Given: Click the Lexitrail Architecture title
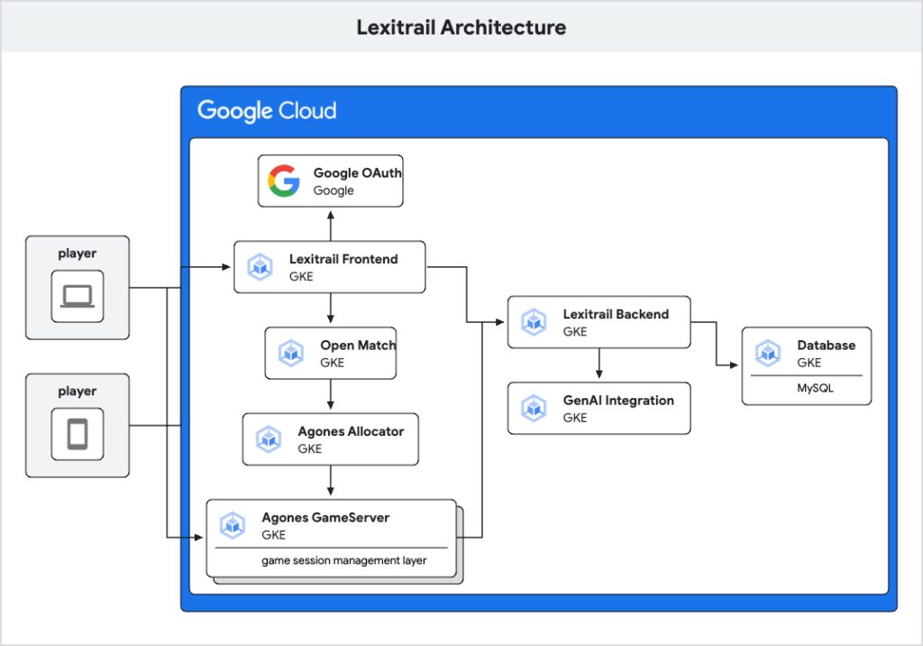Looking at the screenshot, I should click(461, 27).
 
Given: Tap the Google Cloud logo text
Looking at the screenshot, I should click(267, 111).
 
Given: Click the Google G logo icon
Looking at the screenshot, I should click(283, 180).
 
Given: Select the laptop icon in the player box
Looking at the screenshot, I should click(78, 296).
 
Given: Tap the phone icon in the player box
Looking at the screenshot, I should click(78, 435).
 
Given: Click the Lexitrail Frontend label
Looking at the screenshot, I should click(343, 259).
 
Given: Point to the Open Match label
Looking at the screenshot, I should click(357, 345).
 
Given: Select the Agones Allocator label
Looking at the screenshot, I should click(351, 431).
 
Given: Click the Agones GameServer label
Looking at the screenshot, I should click(325, 517).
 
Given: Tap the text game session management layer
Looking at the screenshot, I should click(344, 560).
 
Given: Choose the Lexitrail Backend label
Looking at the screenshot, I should click(616, 314).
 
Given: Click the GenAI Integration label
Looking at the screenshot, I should click(618, 400).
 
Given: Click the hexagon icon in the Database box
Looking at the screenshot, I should click(767, 354).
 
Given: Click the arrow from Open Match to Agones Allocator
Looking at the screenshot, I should click(331, 395).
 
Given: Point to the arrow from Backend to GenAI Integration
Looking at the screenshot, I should click(599, 364).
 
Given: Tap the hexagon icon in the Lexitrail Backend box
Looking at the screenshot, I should click(535, 322).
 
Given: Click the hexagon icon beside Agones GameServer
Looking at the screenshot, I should click(233, 525).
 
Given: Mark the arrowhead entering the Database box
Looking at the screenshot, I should click(735, 365).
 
